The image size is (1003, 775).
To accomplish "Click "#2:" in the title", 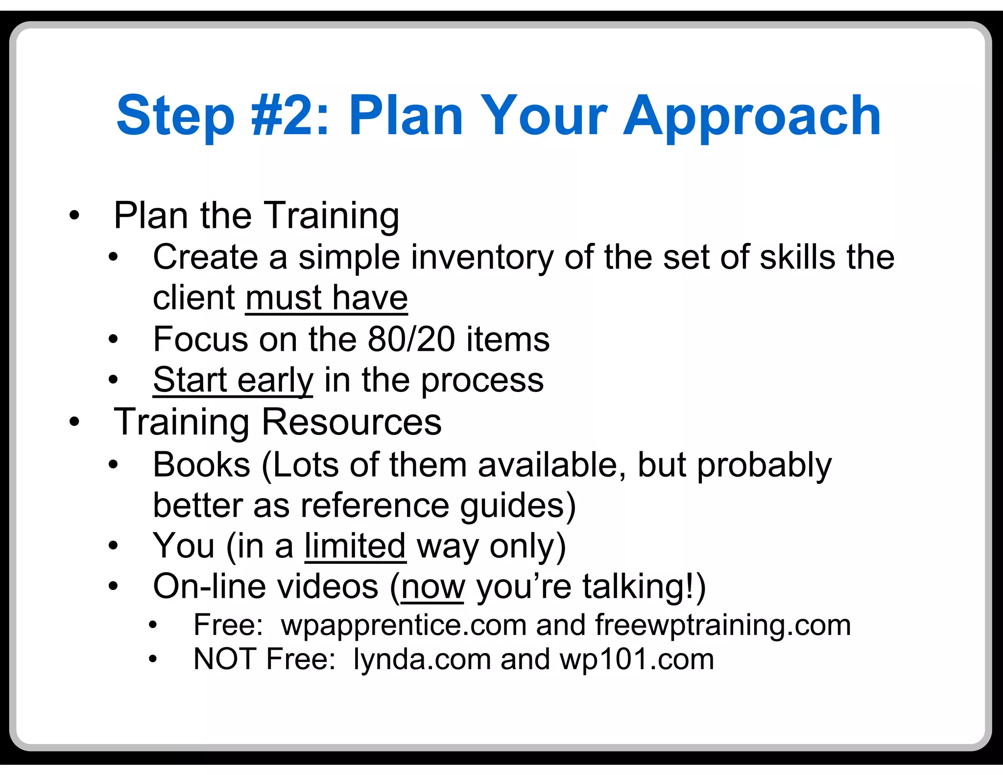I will [x=290, y=116].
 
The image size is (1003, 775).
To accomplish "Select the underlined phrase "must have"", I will [x=327, y=298].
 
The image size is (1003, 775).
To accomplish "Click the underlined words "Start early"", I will [x=233, y=381].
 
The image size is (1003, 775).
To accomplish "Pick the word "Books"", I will [x=202, y=464].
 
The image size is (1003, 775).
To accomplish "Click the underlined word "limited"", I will [x=355, y=546].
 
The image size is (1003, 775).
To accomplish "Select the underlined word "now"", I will [x=432, y=587].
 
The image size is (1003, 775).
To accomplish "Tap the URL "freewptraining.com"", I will [x=723, y=626].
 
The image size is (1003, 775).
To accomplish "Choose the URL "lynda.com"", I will [x=422, y=659].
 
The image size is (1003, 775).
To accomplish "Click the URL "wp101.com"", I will [x=637, y=659].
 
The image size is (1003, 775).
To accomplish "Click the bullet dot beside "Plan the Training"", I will [x=74, y=215].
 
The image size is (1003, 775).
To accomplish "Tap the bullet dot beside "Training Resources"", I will [x=74, y=422].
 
